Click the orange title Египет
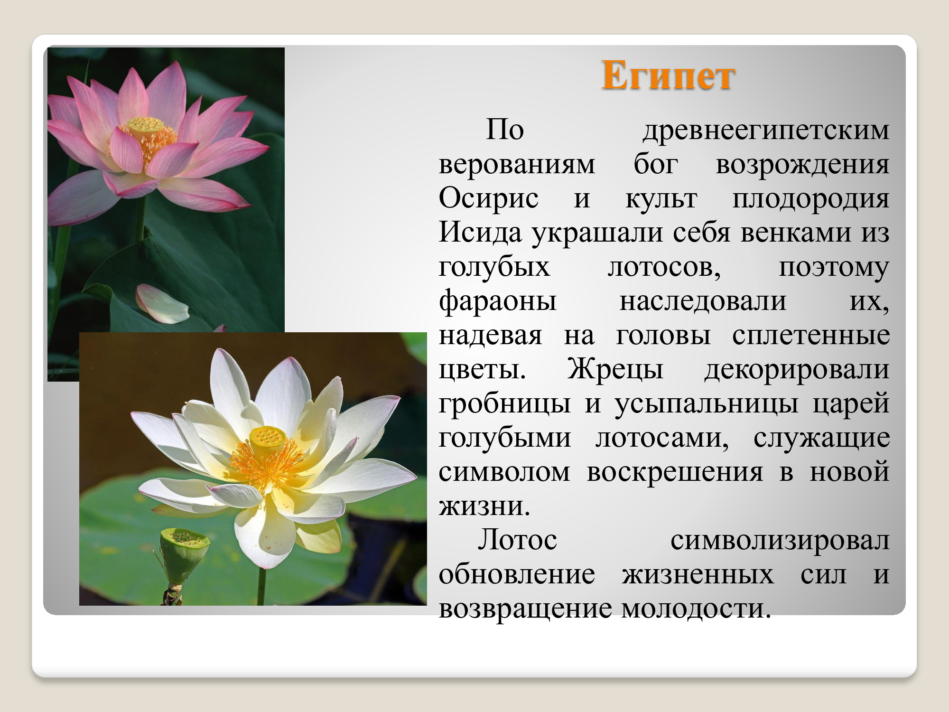668,76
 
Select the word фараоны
497,302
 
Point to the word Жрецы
615,369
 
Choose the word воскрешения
675,472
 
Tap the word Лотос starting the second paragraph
517,540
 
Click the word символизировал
780,541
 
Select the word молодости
696,609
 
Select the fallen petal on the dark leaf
162,303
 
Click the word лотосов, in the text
664,268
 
